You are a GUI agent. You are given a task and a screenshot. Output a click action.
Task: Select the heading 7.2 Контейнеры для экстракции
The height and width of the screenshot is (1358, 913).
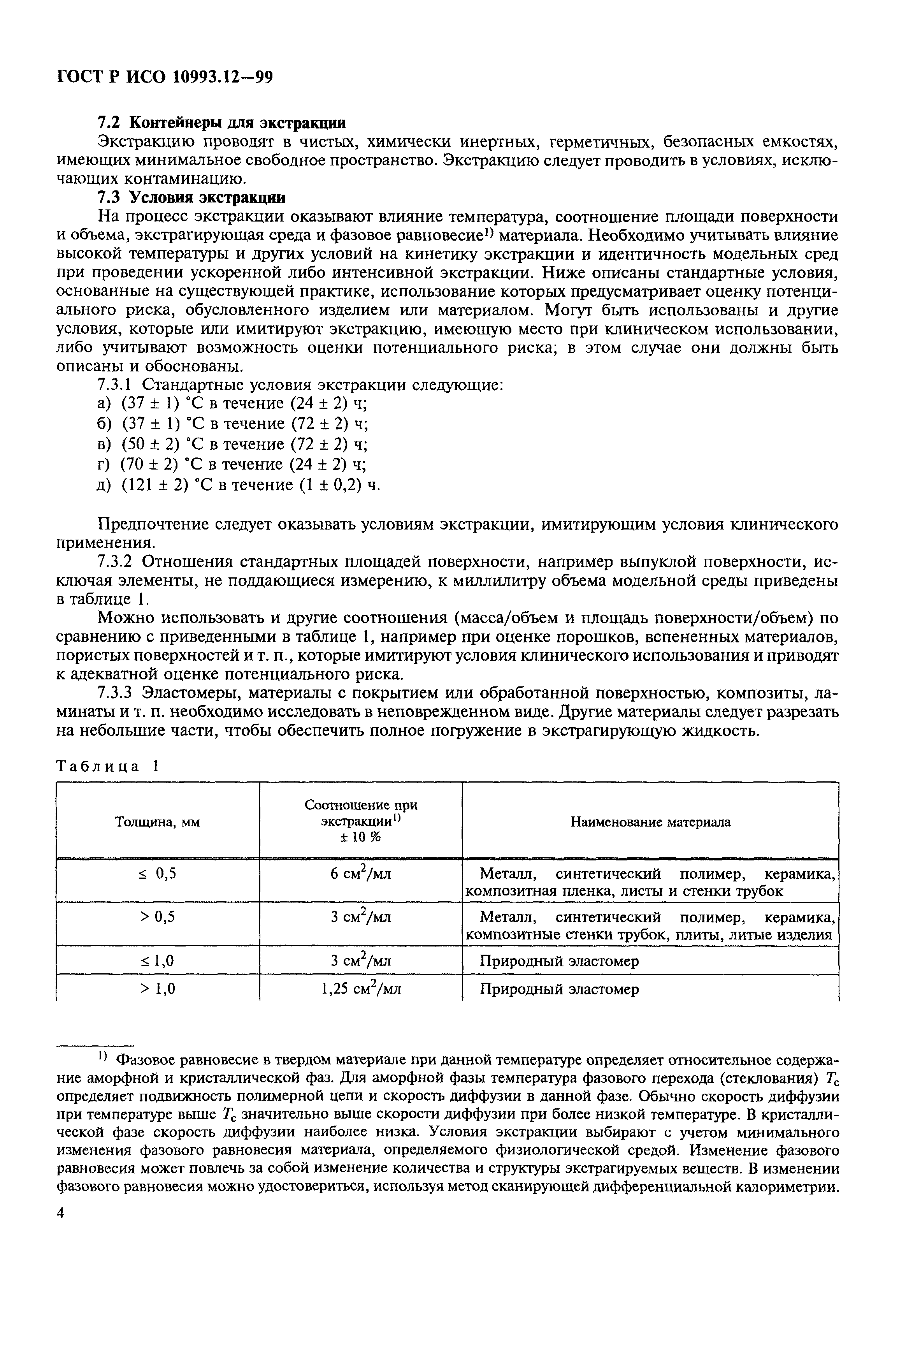click(x=221, y=123)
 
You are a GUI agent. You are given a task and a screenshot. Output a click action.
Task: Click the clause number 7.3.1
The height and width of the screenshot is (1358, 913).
click(x=116, y=385)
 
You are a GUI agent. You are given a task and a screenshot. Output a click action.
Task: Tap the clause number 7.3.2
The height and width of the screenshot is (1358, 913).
click(x=116, y=562)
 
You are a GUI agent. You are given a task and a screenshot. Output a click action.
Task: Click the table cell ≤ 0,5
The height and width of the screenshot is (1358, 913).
click(x=157, y=874)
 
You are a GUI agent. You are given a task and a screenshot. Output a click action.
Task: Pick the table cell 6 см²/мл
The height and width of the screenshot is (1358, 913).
click(x=360, y=874)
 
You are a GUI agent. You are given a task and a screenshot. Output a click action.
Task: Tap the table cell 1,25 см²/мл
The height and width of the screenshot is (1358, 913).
click(x=360, y=989)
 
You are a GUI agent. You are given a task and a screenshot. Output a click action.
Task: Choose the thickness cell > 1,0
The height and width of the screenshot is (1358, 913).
click(x=157, y=989)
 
